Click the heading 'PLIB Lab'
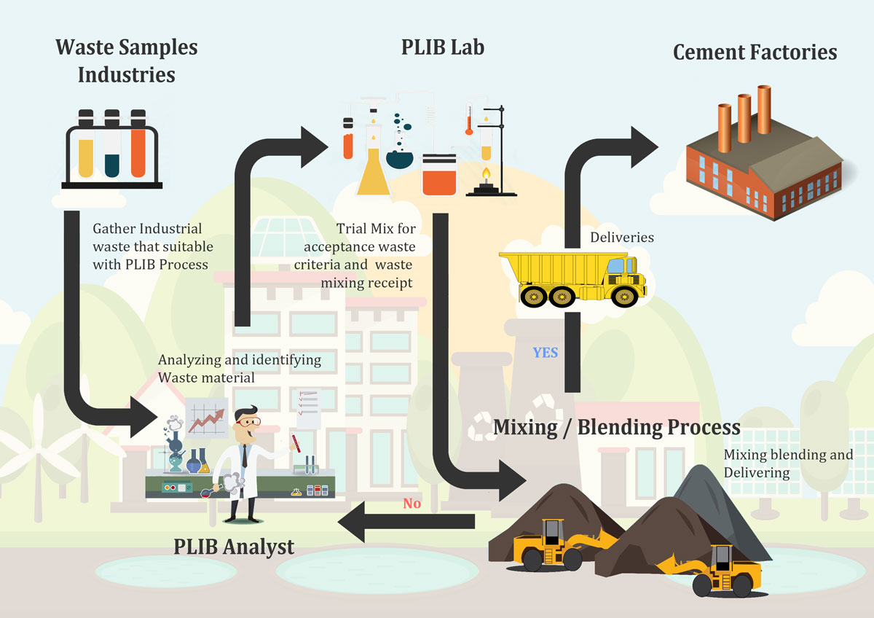442,48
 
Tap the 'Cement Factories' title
755,52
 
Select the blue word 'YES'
545,353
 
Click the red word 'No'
412,503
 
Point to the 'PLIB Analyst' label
234,546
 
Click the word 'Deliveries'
621,238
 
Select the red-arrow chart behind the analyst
207,419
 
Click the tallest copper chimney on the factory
764,109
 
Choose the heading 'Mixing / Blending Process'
616,427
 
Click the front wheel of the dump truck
624,296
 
